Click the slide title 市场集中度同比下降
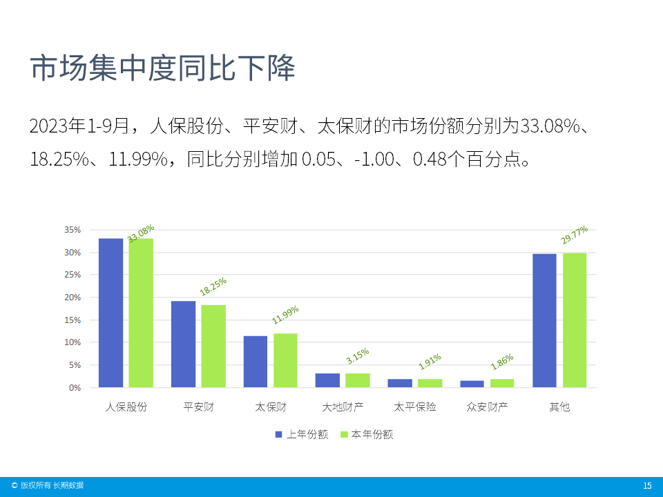tap(162, 70)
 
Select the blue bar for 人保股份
tap(110, 313)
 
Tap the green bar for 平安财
tap(213, 346)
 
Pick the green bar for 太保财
tap(285, 360)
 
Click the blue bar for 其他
tap(544, 320)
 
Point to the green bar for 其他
tap(575, 320)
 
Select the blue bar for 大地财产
tap(327, 380)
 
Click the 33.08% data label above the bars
tap(141, 233)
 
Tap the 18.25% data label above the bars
tap(213, 286)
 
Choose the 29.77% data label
tap(575, 235)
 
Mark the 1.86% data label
tap(502, 362)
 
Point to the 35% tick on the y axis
tap(73, 230)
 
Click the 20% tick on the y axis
tap(73, 298)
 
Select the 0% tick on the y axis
tap(75, 388)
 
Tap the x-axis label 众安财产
tap(487, 407)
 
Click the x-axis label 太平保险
tap(415, 407)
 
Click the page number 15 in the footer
tap(647, 486)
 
